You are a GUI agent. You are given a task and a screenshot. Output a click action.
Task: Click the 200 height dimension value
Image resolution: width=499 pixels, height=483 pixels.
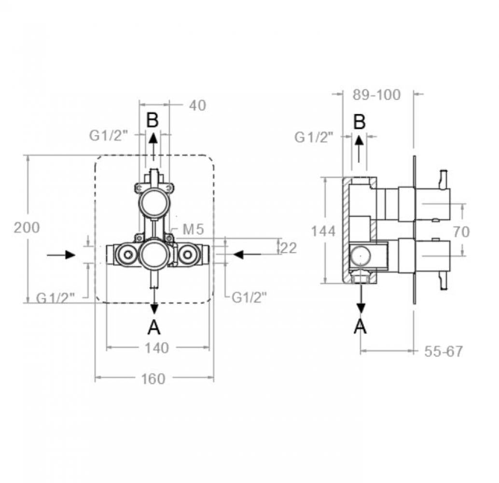click(x=27, y=227)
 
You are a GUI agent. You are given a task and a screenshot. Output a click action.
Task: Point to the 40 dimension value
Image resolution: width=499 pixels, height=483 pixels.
click(x=198, y=105)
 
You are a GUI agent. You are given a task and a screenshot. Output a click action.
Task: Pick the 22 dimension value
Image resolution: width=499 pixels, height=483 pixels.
click(x=289, y=248)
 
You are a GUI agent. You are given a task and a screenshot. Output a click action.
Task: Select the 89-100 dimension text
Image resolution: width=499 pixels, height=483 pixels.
click(x=376, y=95)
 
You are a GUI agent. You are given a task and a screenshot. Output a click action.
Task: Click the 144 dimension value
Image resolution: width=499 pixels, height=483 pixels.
click(x=323, y=231)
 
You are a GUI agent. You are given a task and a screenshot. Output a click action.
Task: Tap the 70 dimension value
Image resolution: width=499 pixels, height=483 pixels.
click(x=462, y=232)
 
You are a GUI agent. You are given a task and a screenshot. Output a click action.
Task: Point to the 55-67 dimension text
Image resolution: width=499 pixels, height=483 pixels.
click(x=443, y=351)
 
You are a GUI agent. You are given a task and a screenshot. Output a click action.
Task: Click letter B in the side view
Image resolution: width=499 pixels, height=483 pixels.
click(x=360, y=122)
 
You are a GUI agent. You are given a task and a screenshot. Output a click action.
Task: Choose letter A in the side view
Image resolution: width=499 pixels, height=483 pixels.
click(x=360, y=327)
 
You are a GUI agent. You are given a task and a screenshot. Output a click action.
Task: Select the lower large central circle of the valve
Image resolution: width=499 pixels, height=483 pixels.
click(x=154, y=254)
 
